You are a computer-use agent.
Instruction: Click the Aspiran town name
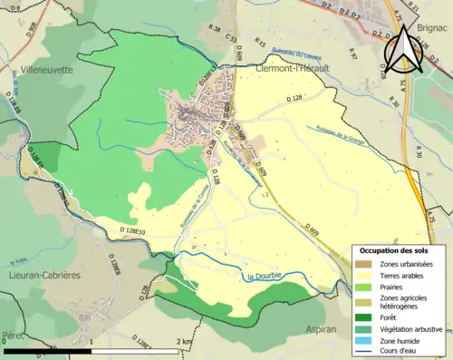(x=323, y=330)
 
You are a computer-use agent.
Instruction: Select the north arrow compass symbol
(x=402, y=53)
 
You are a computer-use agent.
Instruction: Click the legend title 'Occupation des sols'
(x=393, y=249)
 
